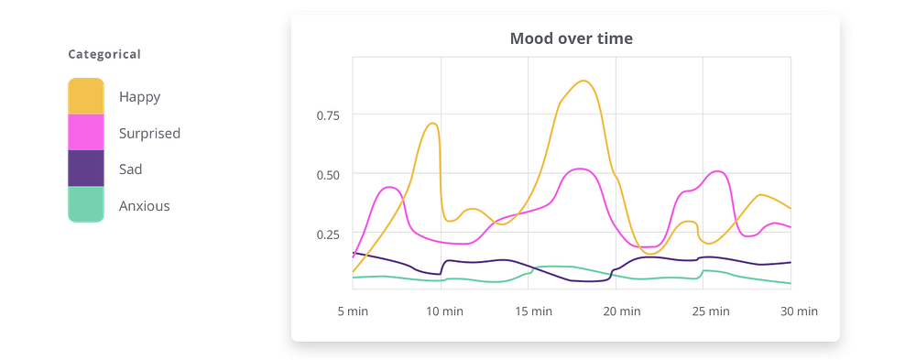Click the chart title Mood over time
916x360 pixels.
coord(571,38)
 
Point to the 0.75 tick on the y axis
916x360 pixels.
coord(327,115)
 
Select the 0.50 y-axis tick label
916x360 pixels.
coord(327,175)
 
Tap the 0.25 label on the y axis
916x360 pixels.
coord(327,235)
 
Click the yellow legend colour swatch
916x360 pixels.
coord(86,95)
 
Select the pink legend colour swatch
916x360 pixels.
coord(86,133)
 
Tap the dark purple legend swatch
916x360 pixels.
coord(86,169)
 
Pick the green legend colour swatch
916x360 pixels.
coord(86,205)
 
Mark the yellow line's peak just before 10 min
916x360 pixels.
coord(432,123)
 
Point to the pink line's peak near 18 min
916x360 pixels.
coord(580,169)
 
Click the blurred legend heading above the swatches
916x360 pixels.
coord(104,54)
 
